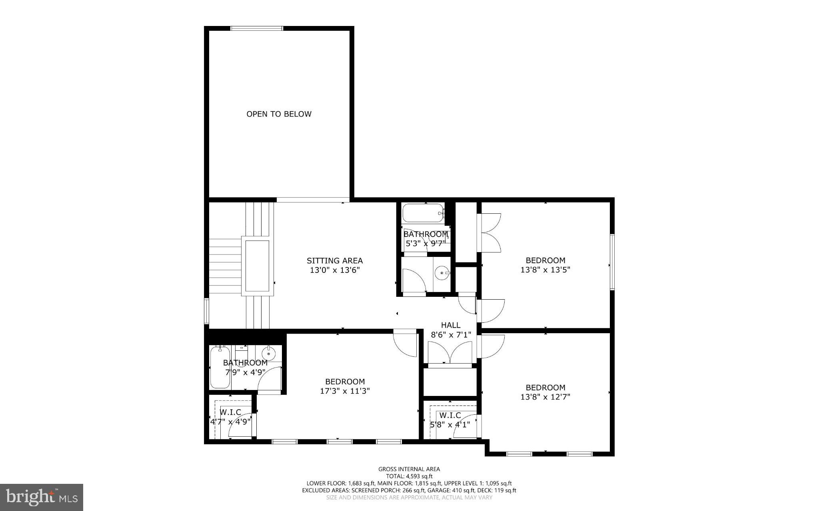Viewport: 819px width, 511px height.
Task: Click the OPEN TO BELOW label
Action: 279,114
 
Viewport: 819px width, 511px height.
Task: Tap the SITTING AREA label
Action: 335,260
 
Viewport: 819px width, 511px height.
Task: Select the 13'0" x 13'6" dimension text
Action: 335,270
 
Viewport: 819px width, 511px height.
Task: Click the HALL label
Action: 450,325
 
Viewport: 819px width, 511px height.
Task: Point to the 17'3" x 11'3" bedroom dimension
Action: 345,391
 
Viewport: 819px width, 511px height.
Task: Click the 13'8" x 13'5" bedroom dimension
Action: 545,270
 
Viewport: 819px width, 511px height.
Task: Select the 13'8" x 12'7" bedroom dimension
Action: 545,397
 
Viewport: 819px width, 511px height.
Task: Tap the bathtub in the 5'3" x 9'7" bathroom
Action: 423,213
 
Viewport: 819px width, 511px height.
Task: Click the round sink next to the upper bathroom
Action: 442,273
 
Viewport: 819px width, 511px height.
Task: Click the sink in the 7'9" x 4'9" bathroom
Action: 268,353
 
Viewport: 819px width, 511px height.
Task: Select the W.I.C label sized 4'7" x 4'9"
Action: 230,412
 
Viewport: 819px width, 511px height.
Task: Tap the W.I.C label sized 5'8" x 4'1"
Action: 450,416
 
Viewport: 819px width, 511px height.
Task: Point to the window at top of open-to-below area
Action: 257,28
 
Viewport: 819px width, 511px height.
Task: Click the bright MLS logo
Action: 42,497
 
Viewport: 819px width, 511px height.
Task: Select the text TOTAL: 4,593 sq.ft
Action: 409,476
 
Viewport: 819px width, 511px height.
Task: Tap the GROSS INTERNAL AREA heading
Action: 409,469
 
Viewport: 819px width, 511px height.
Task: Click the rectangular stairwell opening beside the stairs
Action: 257,266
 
